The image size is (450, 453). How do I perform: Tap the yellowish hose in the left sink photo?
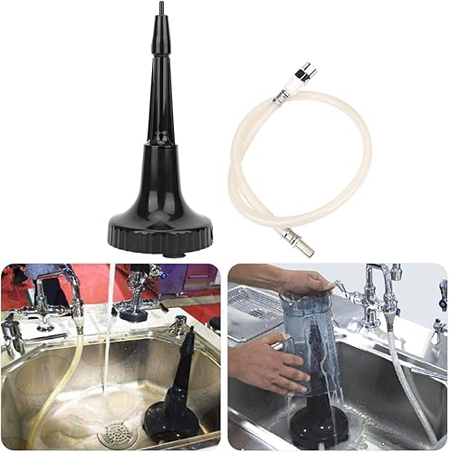[56, 381]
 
